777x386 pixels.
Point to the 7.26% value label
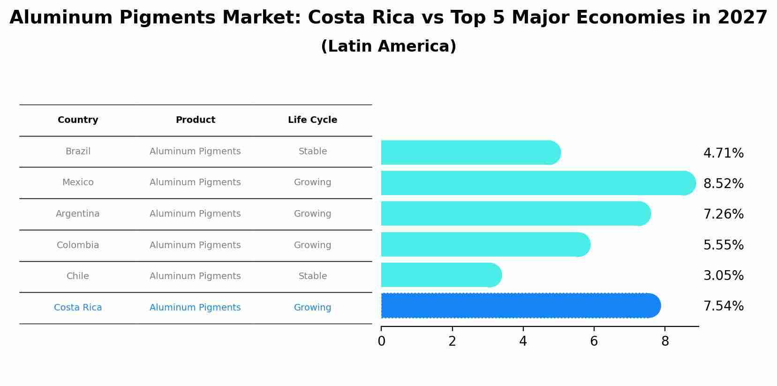723,214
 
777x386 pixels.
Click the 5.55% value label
723,245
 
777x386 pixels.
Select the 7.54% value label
723,306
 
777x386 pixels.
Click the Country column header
78,120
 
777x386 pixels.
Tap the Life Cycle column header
312,120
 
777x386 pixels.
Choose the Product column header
195,120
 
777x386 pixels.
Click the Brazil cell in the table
78,151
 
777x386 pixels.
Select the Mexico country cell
78,182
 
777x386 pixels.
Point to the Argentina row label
78,214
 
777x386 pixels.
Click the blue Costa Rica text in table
78,308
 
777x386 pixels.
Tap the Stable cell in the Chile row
312,276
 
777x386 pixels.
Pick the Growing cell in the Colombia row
312,245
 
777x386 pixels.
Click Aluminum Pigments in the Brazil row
195,151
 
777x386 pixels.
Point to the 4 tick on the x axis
523,341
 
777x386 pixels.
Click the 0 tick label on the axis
381,341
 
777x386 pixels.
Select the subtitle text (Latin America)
388,46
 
